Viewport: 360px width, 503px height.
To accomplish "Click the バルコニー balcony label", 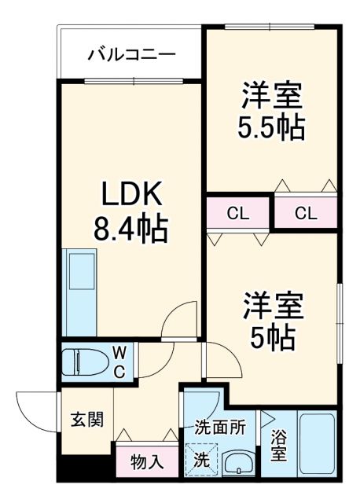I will point(131,54).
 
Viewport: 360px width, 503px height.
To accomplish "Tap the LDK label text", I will point(130,194).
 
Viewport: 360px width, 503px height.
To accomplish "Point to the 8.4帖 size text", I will point(130,228).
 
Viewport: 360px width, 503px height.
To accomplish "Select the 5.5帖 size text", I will point(271,127).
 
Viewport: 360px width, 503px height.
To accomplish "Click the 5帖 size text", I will point(271,337).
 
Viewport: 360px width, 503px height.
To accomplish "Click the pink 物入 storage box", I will point(147,461).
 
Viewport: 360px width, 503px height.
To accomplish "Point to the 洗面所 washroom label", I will point(221,428).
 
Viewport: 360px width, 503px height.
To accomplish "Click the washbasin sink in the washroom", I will point(236,464).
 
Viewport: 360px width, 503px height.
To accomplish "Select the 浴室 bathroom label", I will point(279,445).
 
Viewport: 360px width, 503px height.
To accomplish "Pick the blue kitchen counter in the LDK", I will point(79,291).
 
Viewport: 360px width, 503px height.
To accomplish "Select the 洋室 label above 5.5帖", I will point(271,95).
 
